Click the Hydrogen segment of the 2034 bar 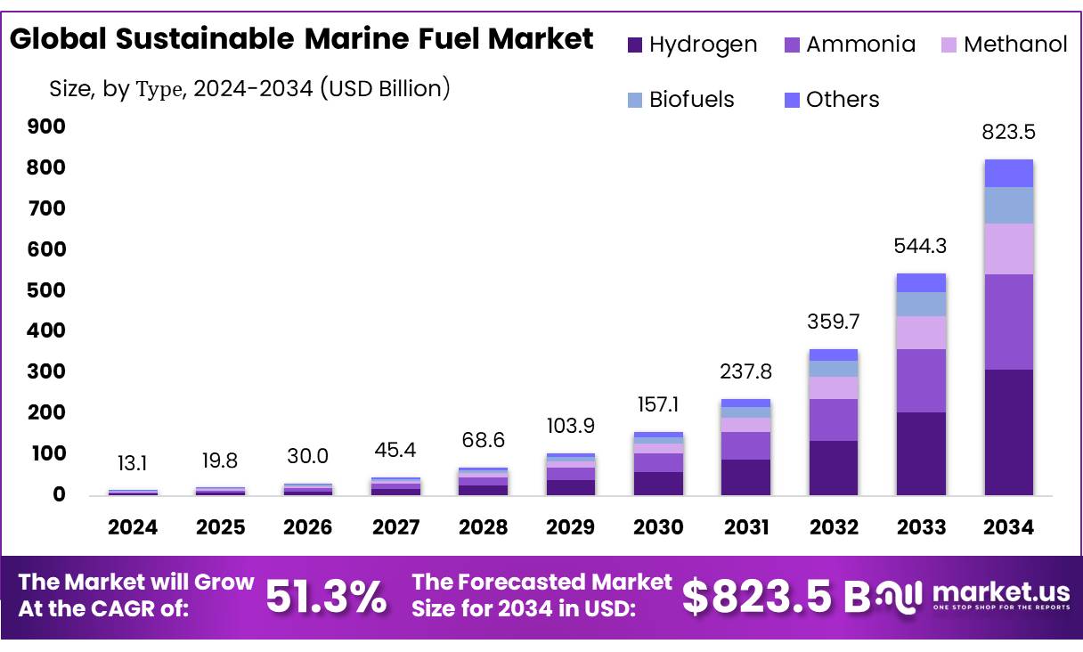1008,432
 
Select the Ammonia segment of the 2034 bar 1008,322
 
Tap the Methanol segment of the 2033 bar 921,332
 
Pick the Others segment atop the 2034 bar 1008,173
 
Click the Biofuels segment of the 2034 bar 1008,205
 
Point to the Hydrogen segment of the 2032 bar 833,468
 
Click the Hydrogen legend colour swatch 635,45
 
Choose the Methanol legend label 1015,45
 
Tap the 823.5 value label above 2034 1008,132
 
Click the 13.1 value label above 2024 133,463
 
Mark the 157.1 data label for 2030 658,405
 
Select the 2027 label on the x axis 395,527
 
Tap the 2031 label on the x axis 745,527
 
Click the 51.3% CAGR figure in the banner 326,597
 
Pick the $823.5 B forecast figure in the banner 770,597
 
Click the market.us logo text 1001,591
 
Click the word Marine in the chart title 354,39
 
